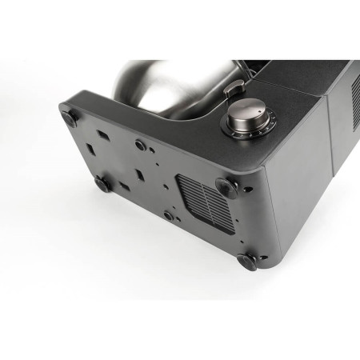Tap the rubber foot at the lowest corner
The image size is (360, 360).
click(x=246, y=261)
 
